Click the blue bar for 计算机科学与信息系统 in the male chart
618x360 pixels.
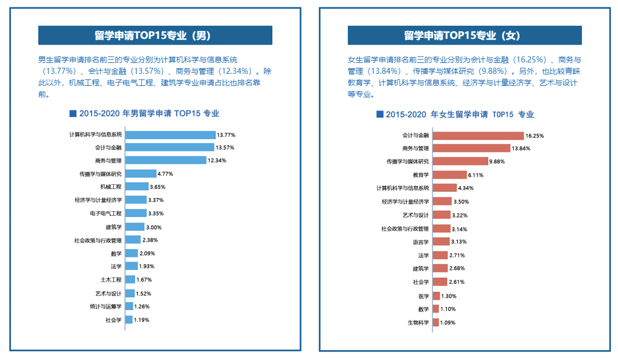tap(170, 134)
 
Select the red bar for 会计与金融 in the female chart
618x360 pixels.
tap(478, 136)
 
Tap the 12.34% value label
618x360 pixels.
tap(217, 161)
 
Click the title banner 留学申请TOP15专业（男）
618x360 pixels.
tap(155, 35)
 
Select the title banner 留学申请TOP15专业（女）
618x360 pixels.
tap(465, 35)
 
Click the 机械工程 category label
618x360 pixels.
tap(110, 187)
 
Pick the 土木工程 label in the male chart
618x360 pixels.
tap(110, 280)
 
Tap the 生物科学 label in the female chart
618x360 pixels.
tap(418, 322)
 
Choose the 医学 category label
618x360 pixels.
tap(423, 296)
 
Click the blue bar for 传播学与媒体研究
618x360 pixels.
tap(141, 173)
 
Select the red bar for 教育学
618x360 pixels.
tap(449, 175)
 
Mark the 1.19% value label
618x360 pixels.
tap(142, 320)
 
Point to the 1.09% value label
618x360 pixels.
tap(449, 322)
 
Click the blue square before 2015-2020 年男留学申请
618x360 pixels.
tap(72, 113)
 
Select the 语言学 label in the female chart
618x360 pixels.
tap(421, 242)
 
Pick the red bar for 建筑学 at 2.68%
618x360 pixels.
tap(440, 268)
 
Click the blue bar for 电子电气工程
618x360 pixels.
tap(136, 213)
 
